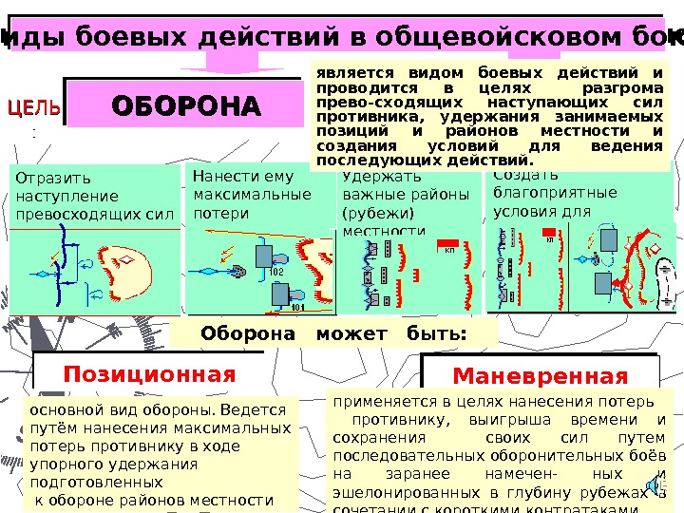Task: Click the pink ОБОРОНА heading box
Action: point(186,104)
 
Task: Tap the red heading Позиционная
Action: point(149,373)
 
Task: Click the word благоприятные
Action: point(555,193)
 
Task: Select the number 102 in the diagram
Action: point(276,272)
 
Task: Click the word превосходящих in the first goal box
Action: point(68,214)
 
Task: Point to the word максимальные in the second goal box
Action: point(251,195)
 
